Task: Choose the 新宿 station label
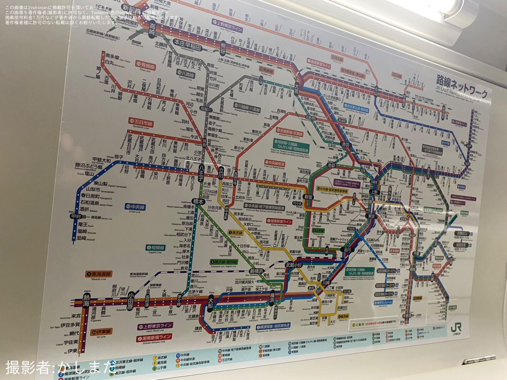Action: pyautogui.click(x=308, y=197)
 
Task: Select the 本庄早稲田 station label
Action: pyautogui.click(x=187, y=45)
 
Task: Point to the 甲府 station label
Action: pyautogui.click(x=76, y=216)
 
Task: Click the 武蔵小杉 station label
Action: pyautogui.click(x=294, y=265)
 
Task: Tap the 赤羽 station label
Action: pyautogui.click(x=345, y=145)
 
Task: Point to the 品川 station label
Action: pyautogui.click(x=347, y=249)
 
